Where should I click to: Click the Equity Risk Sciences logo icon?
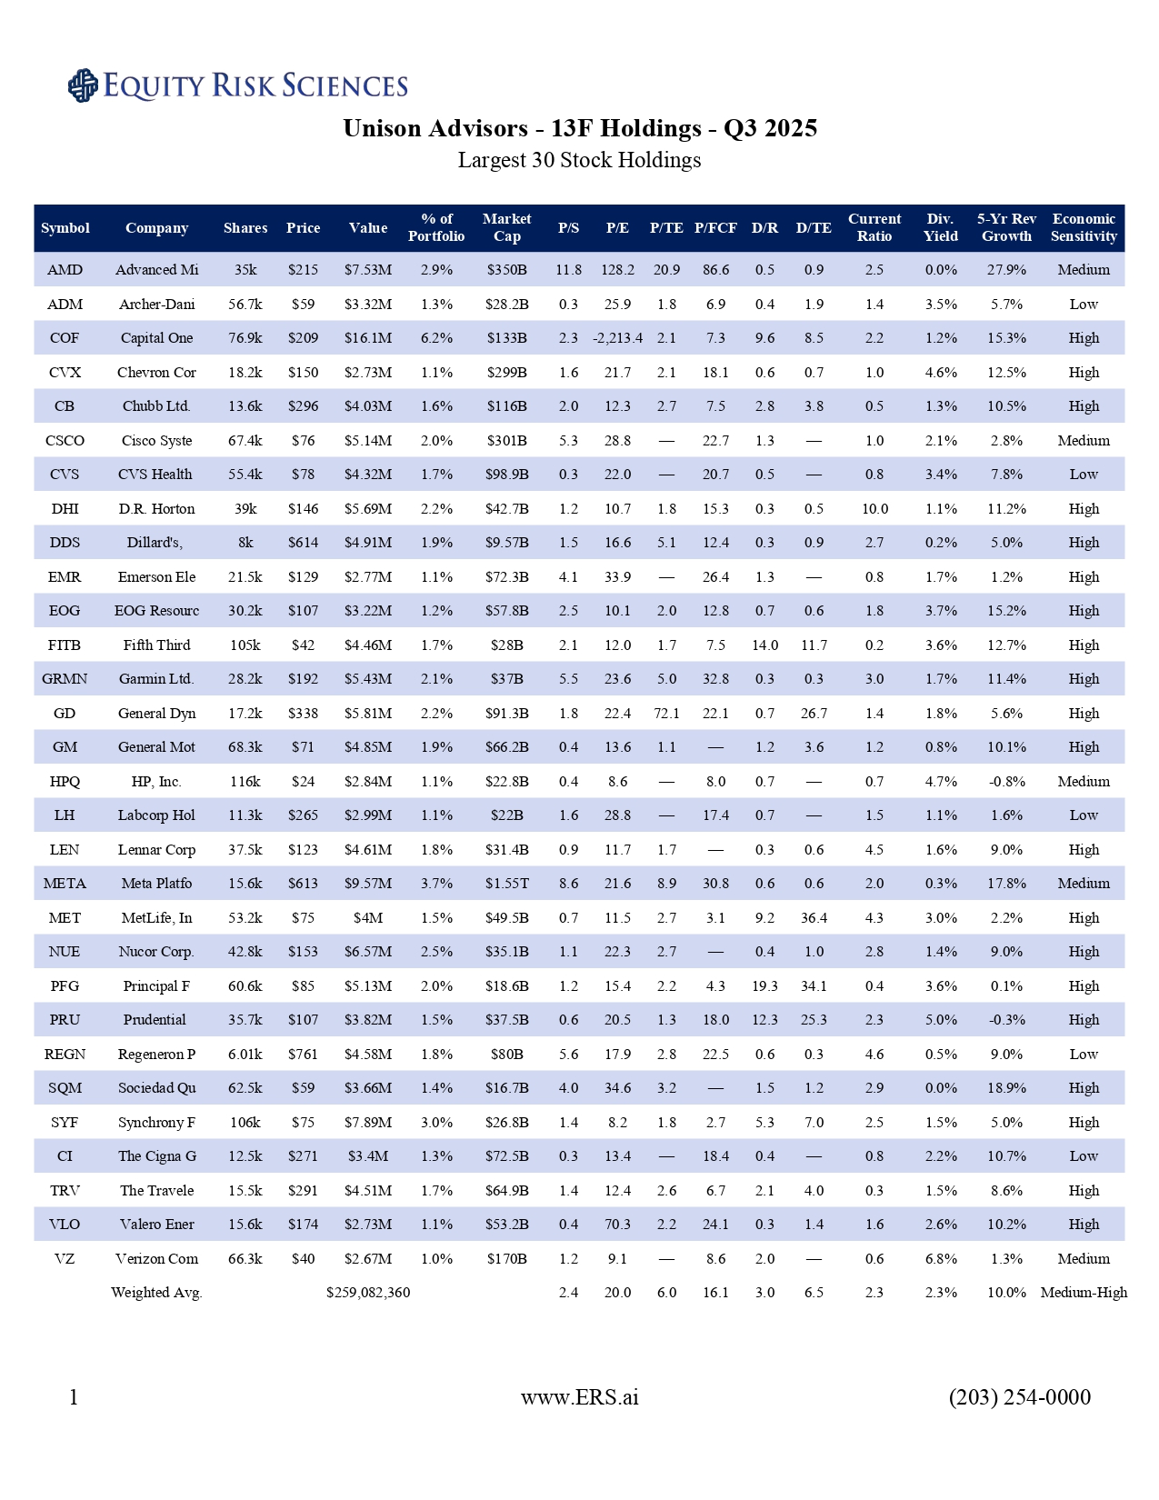83,85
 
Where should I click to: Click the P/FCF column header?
715,228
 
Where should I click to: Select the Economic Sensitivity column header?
1084,228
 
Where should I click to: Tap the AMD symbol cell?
65,270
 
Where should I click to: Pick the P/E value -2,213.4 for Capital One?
617,338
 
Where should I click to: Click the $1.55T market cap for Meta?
506,884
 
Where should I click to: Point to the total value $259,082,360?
368,1293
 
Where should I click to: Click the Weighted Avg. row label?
156,1293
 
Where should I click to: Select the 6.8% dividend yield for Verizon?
940,1259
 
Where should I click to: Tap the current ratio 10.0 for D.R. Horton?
874,509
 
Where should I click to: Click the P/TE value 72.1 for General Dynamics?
666,714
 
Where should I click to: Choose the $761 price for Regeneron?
303,1055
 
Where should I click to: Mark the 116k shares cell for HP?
245,782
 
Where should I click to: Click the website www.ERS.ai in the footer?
579,1397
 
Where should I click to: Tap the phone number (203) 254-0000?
1019,1397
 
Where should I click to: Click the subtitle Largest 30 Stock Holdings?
579,161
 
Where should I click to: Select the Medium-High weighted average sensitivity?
1084,1293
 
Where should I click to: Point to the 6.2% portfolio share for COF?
436,338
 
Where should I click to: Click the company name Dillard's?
155,543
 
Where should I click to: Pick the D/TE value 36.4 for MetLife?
814,918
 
